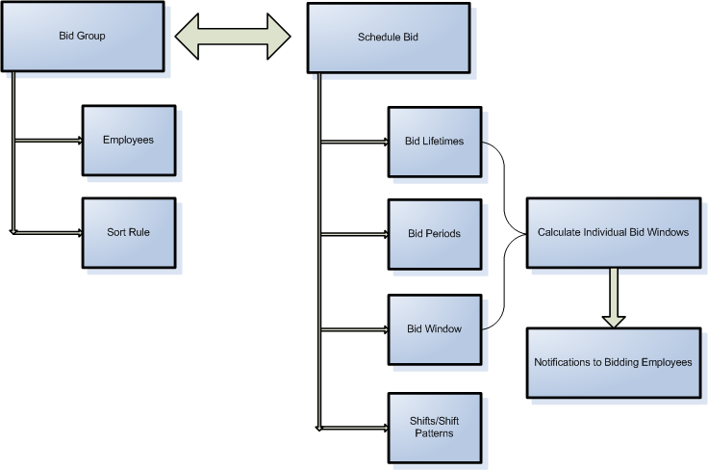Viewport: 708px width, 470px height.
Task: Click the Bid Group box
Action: [82, 37]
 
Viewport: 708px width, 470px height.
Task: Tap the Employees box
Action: [129, 140]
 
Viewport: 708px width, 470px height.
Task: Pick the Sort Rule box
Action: [129, 232]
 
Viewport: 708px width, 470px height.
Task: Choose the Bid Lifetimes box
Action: [434, 142]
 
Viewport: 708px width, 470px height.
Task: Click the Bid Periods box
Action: [434, 234]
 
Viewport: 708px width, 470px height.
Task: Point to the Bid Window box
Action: [434, 328]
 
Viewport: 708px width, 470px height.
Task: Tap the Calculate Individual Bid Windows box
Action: [613, 232]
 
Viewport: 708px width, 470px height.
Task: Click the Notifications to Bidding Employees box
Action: [613, 362]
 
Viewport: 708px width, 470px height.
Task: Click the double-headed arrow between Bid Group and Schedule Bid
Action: [232, 37]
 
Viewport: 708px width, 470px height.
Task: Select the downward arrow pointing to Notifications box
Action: [614, 298]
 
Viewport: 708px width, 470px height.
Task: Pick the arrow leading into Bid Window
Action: [354, 329]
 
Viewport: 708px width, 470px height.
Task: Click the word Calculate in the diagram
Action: [559, 232]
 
